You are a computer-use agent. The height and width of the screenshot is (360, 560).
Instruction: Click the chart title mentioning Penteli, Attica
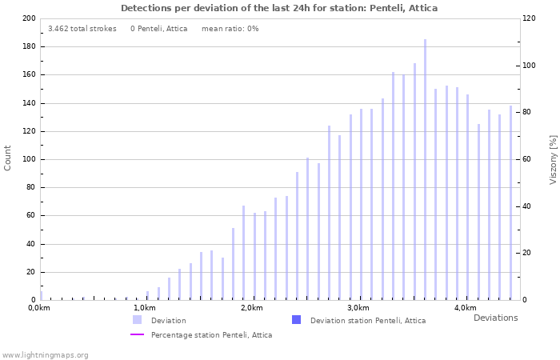click(279, 8)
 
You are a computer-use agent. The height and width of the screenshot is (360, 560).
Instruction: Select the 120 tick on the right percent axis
click(530, 18)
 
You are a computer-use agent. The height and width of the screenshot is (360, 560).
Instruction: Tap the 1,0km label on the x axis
click(145, 308)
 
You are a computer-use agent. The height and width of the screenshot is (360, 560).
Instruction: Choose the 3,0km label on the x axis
click(358, 308)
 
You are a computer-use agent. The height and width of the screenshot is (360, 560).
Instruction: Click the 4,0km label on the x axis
click(465, 308)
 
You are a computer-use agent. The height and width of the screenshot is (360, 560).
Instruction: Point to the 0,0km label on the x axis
click(39, 308)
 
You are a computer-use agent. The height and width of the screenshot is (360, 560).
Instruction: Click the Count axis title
click(8, 158)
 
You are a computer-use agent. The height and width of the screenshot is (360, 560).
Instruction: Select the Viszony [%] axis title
click(552, 159)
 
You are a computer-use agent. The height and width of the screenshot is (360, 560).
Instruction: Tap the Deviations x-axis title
click(495, 318)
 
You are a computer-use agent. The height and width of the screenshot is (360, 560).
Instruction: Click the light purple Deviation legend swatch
click(137, 320)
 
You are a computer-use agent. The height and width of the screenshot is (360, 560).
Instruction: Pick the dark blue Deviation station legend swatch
click(296, 320)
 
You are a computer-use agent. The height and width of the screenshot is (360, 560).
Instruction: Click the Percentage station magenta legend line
click(137, 334)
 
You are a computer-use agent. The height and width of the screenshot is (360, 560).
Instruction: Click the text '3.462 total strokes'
click(82, 29)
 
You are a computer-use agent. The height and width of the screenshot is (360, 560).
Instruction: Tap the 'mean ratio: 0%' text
click(230, 29)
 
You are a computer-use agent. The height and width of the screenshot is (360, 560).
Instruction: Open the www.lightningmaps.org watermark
click(46, 354)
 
